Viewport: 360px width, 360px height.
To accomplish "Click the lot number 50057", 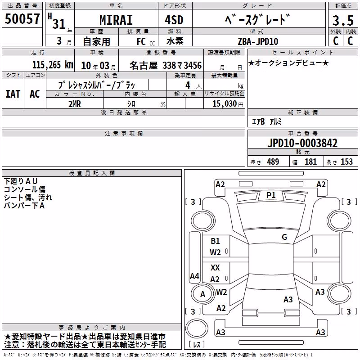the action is coord(22,18).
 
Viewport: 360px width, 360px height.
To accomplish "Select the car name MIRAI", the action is coord(116,20).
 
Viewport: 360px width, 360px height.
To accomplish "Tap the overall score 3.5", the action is coord(343,20).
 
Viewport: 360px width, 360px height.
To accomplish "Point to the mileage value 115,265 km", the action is coord(53,65).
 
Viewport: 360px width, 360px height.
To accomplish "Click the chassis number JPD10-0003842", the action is coord(302,143).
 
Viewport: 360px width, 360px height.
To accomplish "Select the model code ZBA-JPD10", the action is coord(258,41).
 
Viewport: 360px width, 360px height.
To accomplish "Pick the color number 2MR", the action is coord(75,104).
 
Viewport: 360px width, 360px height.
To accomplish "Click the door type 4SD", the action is coord(174,20).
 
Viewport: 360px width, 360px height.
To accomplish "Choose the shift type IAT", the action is coord(13,94).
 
